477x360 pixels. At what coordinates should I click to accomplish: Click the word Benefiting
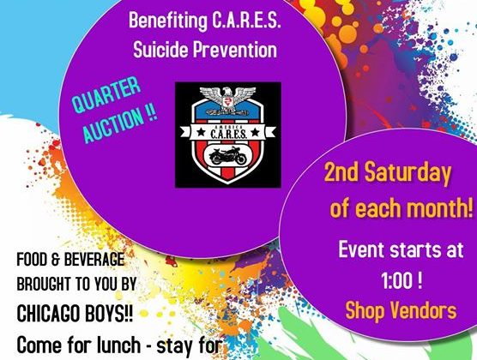[168, 21]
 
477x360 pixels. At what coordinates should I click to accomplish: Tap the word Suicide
[160, 49]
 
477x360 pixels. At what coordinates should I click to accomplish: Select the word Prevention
[234, 49]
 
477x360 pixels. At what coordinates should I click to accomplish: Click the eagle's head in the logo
[228, 92]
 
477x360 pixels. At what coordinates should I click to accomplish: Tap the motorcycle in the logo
[228, 156]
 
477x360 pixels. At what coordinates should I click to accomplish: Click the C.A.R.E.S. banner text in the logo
[228, 134]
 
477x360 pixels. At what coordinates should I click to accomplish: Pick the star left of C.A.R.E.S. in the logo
[201, 133]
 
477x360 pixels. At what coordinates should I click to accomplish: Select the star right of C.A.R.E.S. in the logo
[256, 133]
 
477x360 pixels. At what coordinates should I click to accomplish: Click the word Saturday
[408, 172]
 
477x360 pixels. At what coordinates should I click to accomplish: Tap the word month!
[440, 207]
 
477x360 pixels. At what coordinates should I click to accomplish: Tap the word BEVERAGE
[92, 260]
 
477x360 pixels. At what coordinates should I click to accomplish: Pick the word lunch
[119, 345]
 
